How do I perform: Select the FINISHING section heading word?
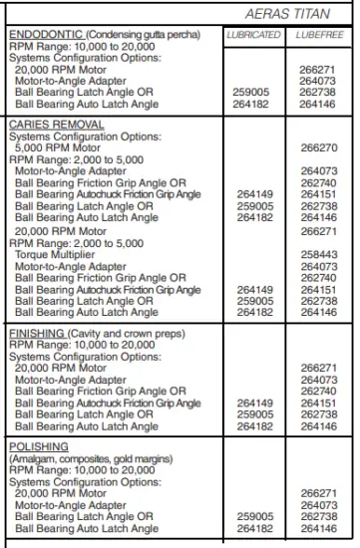tap(36, 330)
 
